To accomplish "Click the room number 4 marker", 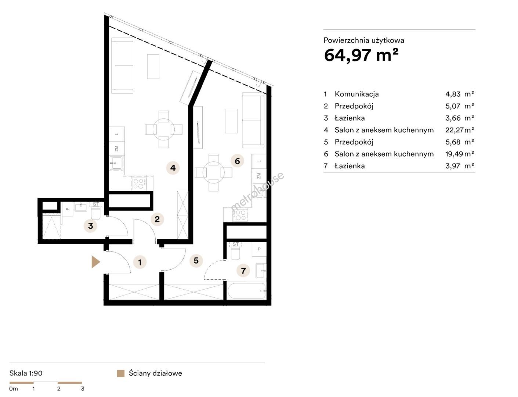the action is (173, 168).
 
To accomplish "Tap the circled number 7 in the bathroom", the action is (243, 271).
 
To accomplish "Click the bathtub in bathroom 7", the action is (246, 291).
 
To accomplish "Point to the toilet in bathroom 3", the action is (96, 211).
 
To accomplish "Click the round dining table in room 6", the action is (213, 172).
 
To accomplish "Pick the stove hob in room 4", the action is (139, 184).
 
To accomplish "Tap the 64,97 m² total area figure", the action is (361, 55).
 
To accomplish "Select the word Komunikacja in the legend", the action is (356, 94).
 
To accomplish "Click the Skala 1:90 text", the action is (26, 373).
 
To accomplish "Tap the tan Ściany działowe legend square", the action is (120, 373).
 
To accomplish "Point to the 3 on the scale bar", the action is (83, 389).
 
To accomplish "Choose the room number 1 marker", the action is (140, 262).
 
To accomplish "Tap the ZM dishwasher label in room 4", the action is (117, 149).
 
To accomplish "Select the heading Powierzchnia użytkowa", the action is (364, 40).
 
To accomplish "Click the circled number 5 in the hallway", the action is (196, 260).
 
